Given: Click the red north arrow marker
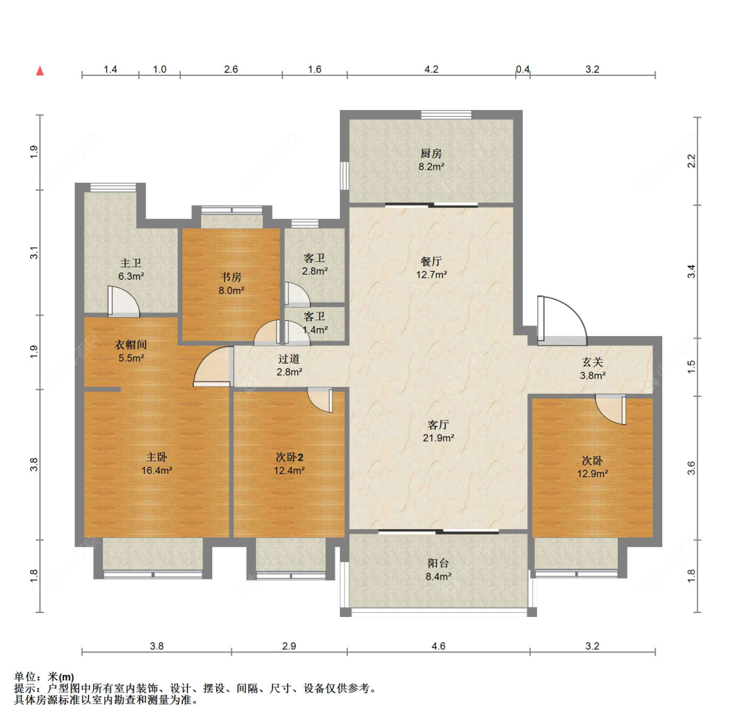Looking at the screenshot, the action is point(40,71).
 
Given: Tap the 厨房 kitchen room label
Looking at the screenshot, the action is point(431,154).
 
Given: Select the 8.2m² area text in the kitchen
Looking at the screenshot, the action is point(432,166).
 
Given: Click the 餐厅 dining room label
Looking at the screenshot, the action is point(431,262).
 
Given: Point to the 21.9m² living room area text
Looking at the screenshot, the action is point(438,438).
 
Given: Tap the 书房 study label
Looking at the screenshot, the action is point(231,277).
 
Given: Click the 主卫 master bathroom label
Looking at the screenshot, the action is point(130,263).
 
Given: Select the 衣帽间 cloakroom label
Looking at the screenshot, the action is point(130,345).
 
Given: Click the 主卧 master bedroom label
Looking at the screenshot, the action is point(157,457).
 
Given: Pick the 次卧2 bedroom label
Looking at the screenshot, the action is point(289,457).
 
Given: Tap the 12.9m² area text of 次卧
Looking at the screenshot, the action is point(593,474).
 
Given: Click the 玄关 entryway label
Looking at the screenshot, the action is point(592,362).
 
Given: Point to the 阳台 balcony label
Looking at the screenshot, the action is point(438,563).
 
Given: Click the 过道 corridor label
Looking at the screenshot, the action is point(289,359).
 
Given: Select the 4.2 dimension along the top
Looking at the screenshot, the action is point(432,69).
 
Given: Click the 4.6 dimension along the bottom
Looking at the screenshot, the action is point(438,646).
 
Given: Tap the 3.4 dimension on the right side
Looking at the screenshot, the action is point(691,271).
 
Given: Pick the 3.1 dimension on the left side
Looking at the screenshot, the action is point(34,253).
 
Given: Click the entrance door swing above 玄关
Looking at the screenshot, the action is point(562,320).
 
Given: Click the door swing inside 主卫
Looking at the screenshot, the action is point(124,301).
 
